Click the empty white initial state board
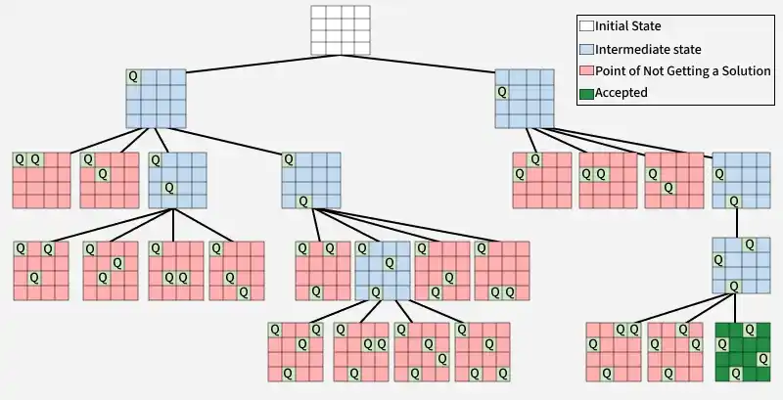tap(341, 30)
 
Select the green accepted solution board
tap(743, 351)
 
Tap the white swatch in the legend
tap(586, 26)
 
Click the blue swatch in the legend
tap(586, 49)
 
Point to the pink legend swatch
tap(586, 71)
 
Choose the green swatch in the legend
tap(586, 94)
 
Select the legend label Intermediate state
tap(648, 49)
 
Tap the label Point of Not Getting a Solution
tap(683, 71)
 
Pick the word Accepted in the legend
tap(622, 94)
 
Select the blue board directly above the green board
tap(741, 265)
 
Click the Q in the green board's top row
tap(736, 330)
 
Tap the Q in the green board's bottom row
tap(736, 373)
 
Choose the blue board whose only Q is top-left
tap(156, 97)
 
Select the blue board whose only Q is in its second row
tap(524, 97)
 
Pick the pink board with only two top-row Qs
tap(41, 180)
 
